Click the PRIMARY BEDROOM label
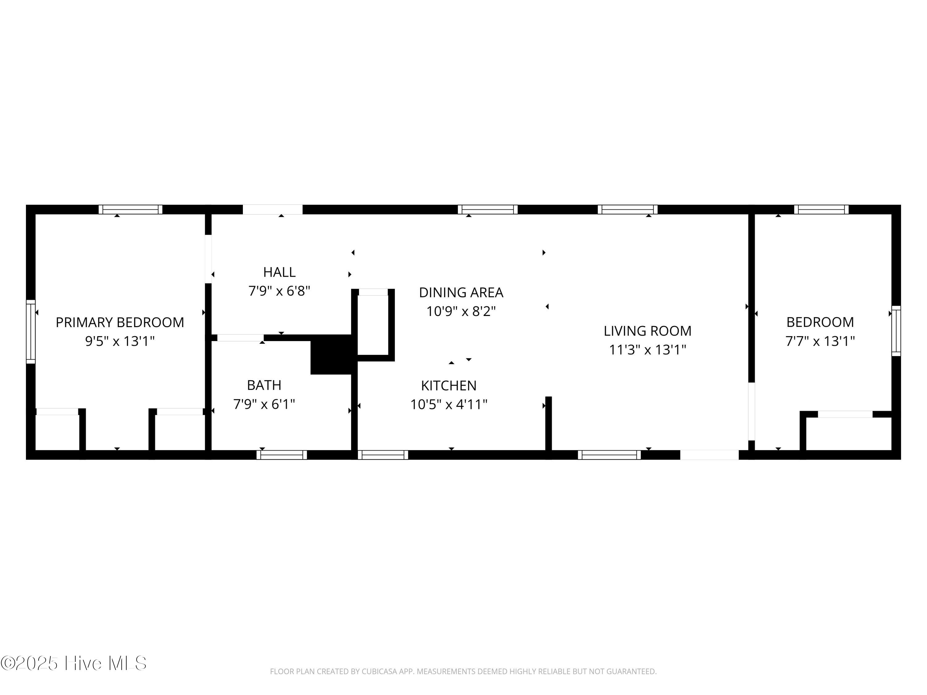[x=120, y=322]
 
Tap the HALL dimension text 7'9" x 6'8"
[x=279, y=291]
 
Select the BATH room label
[x=264, y=385]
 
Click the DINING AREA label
[x=461, y=293]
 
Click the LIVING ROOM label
[x=647, y=331]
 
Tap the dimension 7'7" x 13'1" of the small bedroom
[x=820, y=341]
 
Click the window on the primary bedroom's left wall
[x=31, y=331]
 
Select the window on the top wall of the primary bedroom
[x=130, y=209]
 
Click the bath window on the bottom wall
[x=281, y=455]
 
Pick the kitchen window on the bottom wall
[x=383, y=455]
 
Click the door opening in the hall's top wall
[x=273, y=209]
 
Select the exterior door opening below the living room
[x=709, y=455]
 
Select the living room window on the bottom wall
[x=609, y=455]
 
